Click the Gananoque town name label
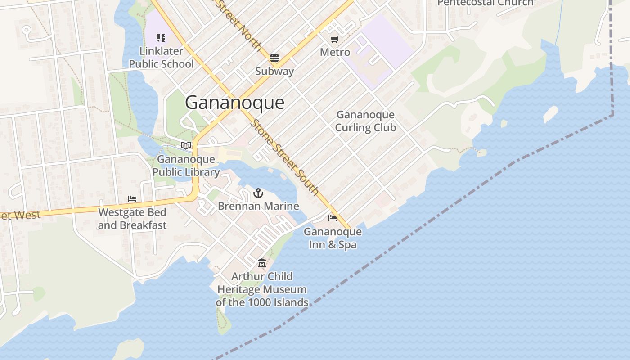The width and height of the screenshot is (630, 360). click(234, 103)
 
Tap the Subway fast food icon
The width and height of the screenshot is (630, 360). click(274, 58)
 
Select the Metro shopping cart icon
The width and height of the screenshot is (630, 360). click(334, 40)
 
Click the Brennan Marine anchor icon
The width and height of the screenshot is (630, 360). click(258, 193)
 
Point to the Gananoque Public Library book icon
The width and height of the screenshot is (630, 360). click(185, 145)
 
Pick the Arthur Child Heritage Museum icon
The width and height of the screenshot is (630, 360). click(262, 263)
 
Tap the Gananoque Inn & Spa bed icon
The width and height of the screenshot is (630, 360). click(333, 218)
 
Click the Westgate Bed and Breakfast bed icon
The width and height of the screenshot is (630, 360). click(132, 198)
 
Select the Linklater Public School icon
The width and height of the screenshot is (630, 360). click(161, 38)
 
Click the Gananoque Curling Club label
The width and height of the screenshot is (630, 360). click(365, 121)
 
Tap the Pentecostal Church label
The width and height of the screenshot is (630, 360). click(485, 3)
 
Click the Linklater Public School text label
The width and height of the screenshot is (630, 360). click(161, 58)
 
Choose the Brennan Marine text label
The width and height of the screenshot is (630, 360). click(258, 206)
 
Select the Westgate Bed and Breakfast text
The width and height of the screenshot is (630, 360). click(132, 219)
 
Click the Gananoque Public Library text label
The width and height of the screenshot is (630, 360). click(186, 166)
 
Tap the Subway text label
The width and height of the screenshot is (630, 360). click(274, 71)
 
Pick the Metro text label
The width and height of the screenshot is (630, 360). click(335, 52)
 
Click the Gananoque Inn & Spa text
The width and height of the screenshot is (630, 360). click(333, 238)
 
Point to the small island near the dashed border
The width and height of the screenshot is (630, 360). click(550, 114)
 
